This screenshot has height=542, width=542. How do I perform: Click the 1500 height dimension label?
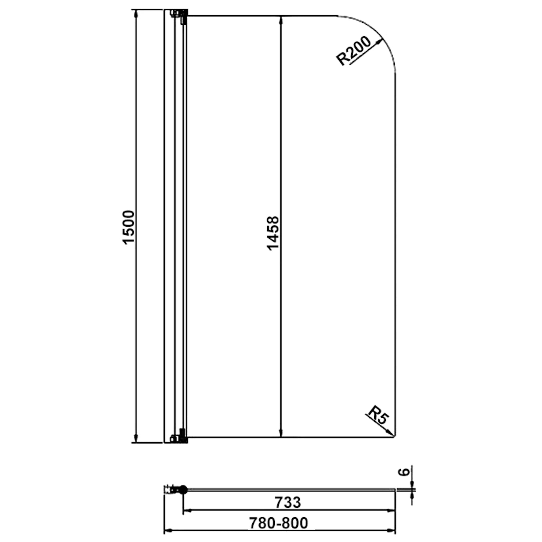[129, 227]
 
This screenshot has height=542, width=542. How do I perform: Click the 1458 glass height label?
[273, 233]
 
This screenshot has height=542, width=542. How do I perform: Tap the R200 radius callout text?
[353, 51]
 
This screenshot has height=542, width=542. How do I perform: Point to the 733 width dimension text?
[288, 502]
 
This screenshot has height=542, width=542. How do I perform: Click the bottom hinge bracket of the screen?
[180, 438]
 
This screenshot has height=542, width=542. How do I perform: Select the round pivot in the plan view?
[183, 489]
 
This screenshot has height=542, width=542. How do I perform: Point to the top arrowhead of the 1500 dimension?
[136, 14]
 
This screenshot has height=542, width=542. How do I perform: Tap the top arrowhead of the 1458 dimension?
[281, 20]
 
